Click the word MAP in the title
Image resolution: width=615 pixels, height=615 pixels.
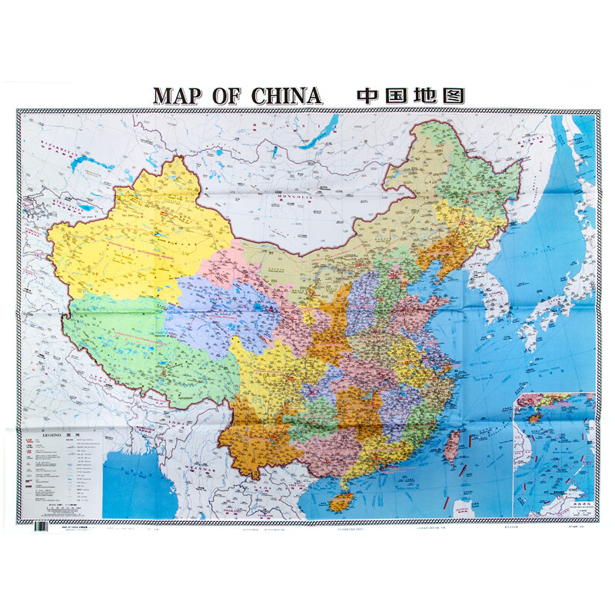[x=184, y=95]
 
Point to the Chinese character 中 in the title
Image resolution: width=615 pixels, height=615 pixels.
[x=370, y=95]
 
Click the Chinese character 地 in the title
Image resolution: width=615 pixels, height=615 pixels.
[x=426, y=95]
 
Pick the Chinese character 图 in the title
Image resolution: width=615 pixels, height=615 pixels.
[x=454, y=95]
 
